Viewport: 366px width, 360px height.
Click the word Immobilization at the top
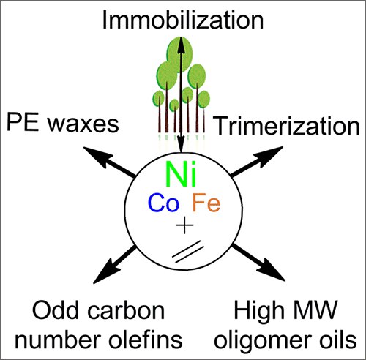click(183, 20)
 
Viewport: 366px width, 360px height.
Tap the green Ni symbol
click(181, 174)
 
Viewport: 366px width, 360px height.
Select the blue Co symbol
click(163, 203)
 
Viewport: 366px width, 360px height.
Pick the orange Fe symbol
click(206, 203)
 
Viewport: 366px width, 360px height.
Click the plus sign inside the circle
click(184, 225)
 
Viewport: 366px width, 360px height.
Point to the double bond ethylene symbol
click(187, 252)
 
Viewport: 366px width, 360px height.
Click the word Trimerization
click(288, 125)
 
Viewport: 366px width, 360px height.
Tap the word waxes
click(83, 124)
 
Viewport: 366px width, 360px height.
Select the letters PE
click(23, 122)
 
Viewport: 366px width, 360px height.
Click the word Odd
click(57, 311)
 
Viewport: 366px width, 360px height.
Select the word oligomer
click(265, 341)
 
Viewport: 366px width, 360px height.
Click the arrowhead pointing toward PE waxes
click(95, 156)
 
